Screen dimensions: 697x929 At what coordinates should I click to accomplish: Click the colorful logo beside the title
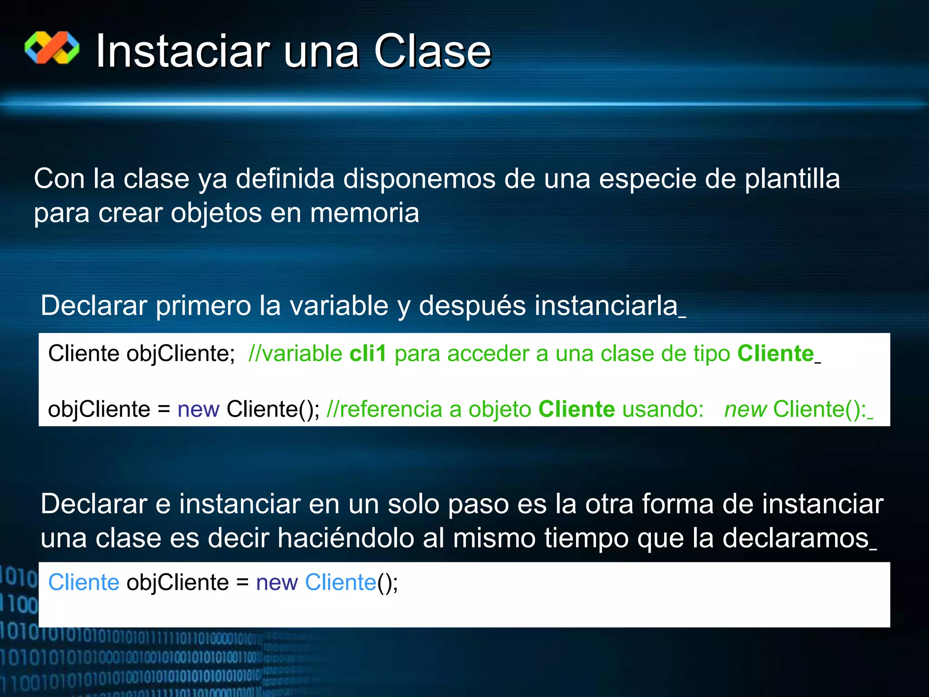tap(52, 48)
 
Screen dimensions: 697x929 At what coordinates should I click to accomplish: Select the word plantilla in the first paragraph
tap(792, 179)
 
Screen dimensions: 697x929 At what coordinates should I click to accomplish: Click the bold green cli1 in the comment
tap(367, 353)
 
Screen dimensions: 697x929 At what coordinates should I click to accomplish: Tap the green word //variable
tap(295, 353)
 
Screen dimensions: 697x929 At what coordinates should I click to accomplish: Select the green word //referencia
tap(384, 409)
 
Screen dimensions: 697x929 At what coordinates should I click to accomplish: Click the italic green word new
tap(745, 409)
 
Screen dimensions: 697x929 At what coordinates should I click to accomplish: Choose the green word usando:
tap(663, 409)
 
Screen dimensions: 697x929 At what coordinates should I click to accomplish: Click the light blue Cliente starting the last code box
tap(84, 582)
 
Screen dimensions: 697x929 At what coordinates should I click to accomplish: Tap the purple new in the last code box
tap(277, 582)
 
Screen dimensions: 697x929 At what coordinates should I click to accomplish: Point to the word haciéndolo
tap(346, 539)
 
